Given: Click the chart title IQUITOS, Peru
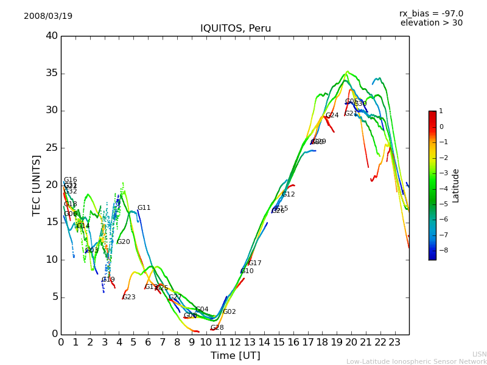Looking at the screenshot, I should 235,29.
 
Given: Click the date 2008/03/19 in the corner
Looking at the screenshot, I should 48,16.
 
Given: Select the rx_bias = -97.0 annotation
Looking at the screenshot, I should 431,13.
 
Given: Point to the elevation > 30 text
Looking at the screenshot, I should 431,23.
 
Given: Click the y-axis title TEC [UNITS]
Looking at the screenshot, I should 37,185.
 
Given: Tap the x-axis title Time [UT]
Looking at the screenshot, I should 235,355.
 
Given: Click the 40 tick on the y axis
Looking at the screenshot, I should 52,36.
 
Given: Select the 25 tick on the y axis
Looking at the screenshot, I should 52,148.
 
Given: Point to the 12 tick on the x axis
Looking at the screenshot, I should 235,342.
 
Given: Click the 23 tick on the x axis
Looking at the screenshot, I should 394,342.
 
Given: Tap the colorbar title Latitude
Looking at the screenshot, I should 456,185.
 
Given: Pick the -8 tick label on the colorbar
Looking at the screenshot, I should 441,249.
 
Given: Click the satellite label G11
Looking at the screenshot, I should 144,208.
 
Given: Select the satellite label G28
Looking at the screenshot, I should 217,328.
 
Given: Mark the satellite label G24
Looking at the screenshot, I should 332,116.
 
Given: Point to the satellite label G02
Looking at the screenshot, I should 229,312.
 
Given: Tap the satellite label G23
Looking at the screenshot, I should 129,297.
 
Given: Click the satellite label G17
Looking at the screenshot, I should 254,263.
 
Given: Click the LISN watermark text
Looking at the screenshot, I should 480,354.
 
